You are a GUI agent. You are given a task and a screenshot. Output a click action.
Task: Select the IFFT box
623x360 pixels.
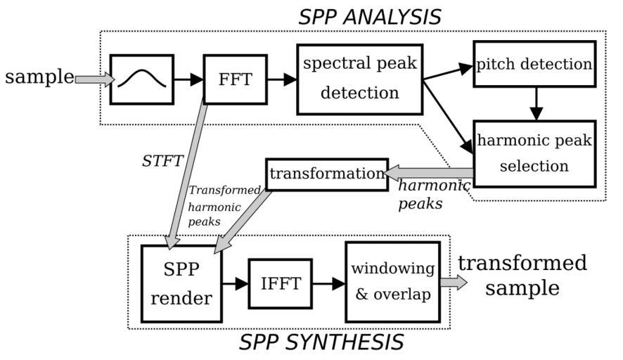coord(281,283)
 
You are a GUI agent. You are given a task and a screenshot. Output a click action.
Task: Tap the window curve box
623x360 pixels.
coord(142,79)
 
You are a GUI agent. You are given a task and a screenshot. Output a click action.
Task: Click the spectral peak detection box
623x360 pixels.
coord(360,79)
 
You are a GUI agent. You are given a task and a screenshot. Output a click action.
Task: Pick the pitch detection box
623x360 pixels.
coord(534,64)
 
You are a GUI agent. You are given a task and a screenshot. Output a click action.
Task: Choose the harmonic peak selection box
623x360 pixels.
coord(534,153)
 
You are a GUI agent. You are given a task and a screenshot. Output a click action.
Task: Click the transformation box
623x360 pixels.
coord(326,173)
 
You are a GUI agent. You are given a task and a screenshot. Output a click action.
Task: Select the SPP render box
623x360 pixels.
coord(181,284)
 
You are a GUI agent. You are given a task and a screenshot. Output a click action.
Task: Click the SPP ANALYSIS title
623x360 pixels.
coord(369,16)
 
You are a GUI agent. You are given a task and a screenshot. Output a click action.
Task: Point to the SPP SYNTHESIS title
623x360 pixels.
coord(321,342)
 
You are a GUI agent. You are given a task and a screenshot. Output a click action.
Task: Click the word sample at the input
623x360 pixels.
coord(39,77)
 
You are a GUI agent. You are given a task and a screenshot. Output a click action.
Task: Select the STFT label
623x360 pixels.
coord(162,161)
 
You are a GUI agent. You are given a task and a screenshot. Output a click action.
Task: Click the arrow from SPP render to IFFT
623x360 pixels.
coord(235,283)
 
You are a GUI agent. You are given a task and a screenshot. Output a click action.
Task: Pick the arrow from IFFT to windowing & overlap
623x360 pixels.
coord(328,283)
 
